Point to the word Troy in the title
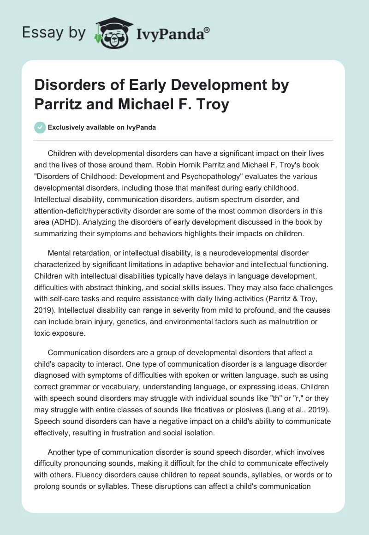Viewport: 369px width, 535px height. click(x=212, y=104)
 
